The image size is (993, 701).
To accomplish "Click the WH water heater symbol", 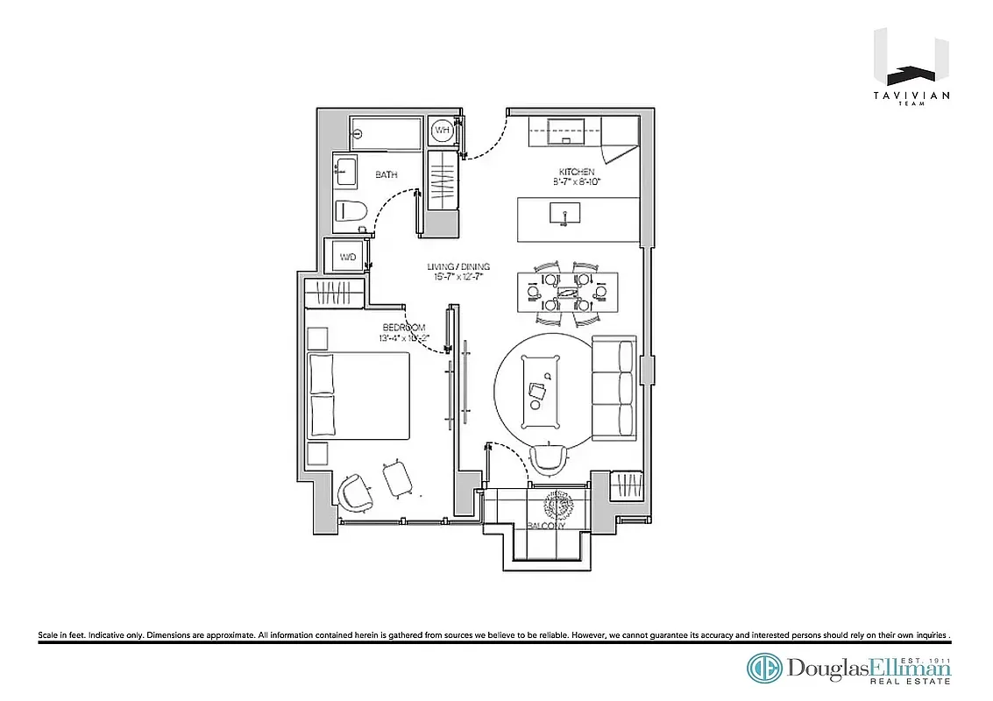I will click(443, 131).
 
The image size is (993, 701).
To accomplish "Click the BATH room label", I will click(387, 175).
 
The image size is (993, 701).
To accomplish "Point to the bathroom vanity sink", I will click(344, 170).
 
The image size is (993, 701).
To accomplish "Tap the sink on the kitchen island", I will click(564, 214).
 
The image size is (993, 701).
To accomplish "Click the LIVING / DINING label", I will click(457, 267).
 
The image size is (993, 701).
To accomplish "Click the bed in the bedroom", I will click(359, 395).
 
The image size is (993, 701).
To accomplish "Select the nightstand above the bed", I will click(317, 337).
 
